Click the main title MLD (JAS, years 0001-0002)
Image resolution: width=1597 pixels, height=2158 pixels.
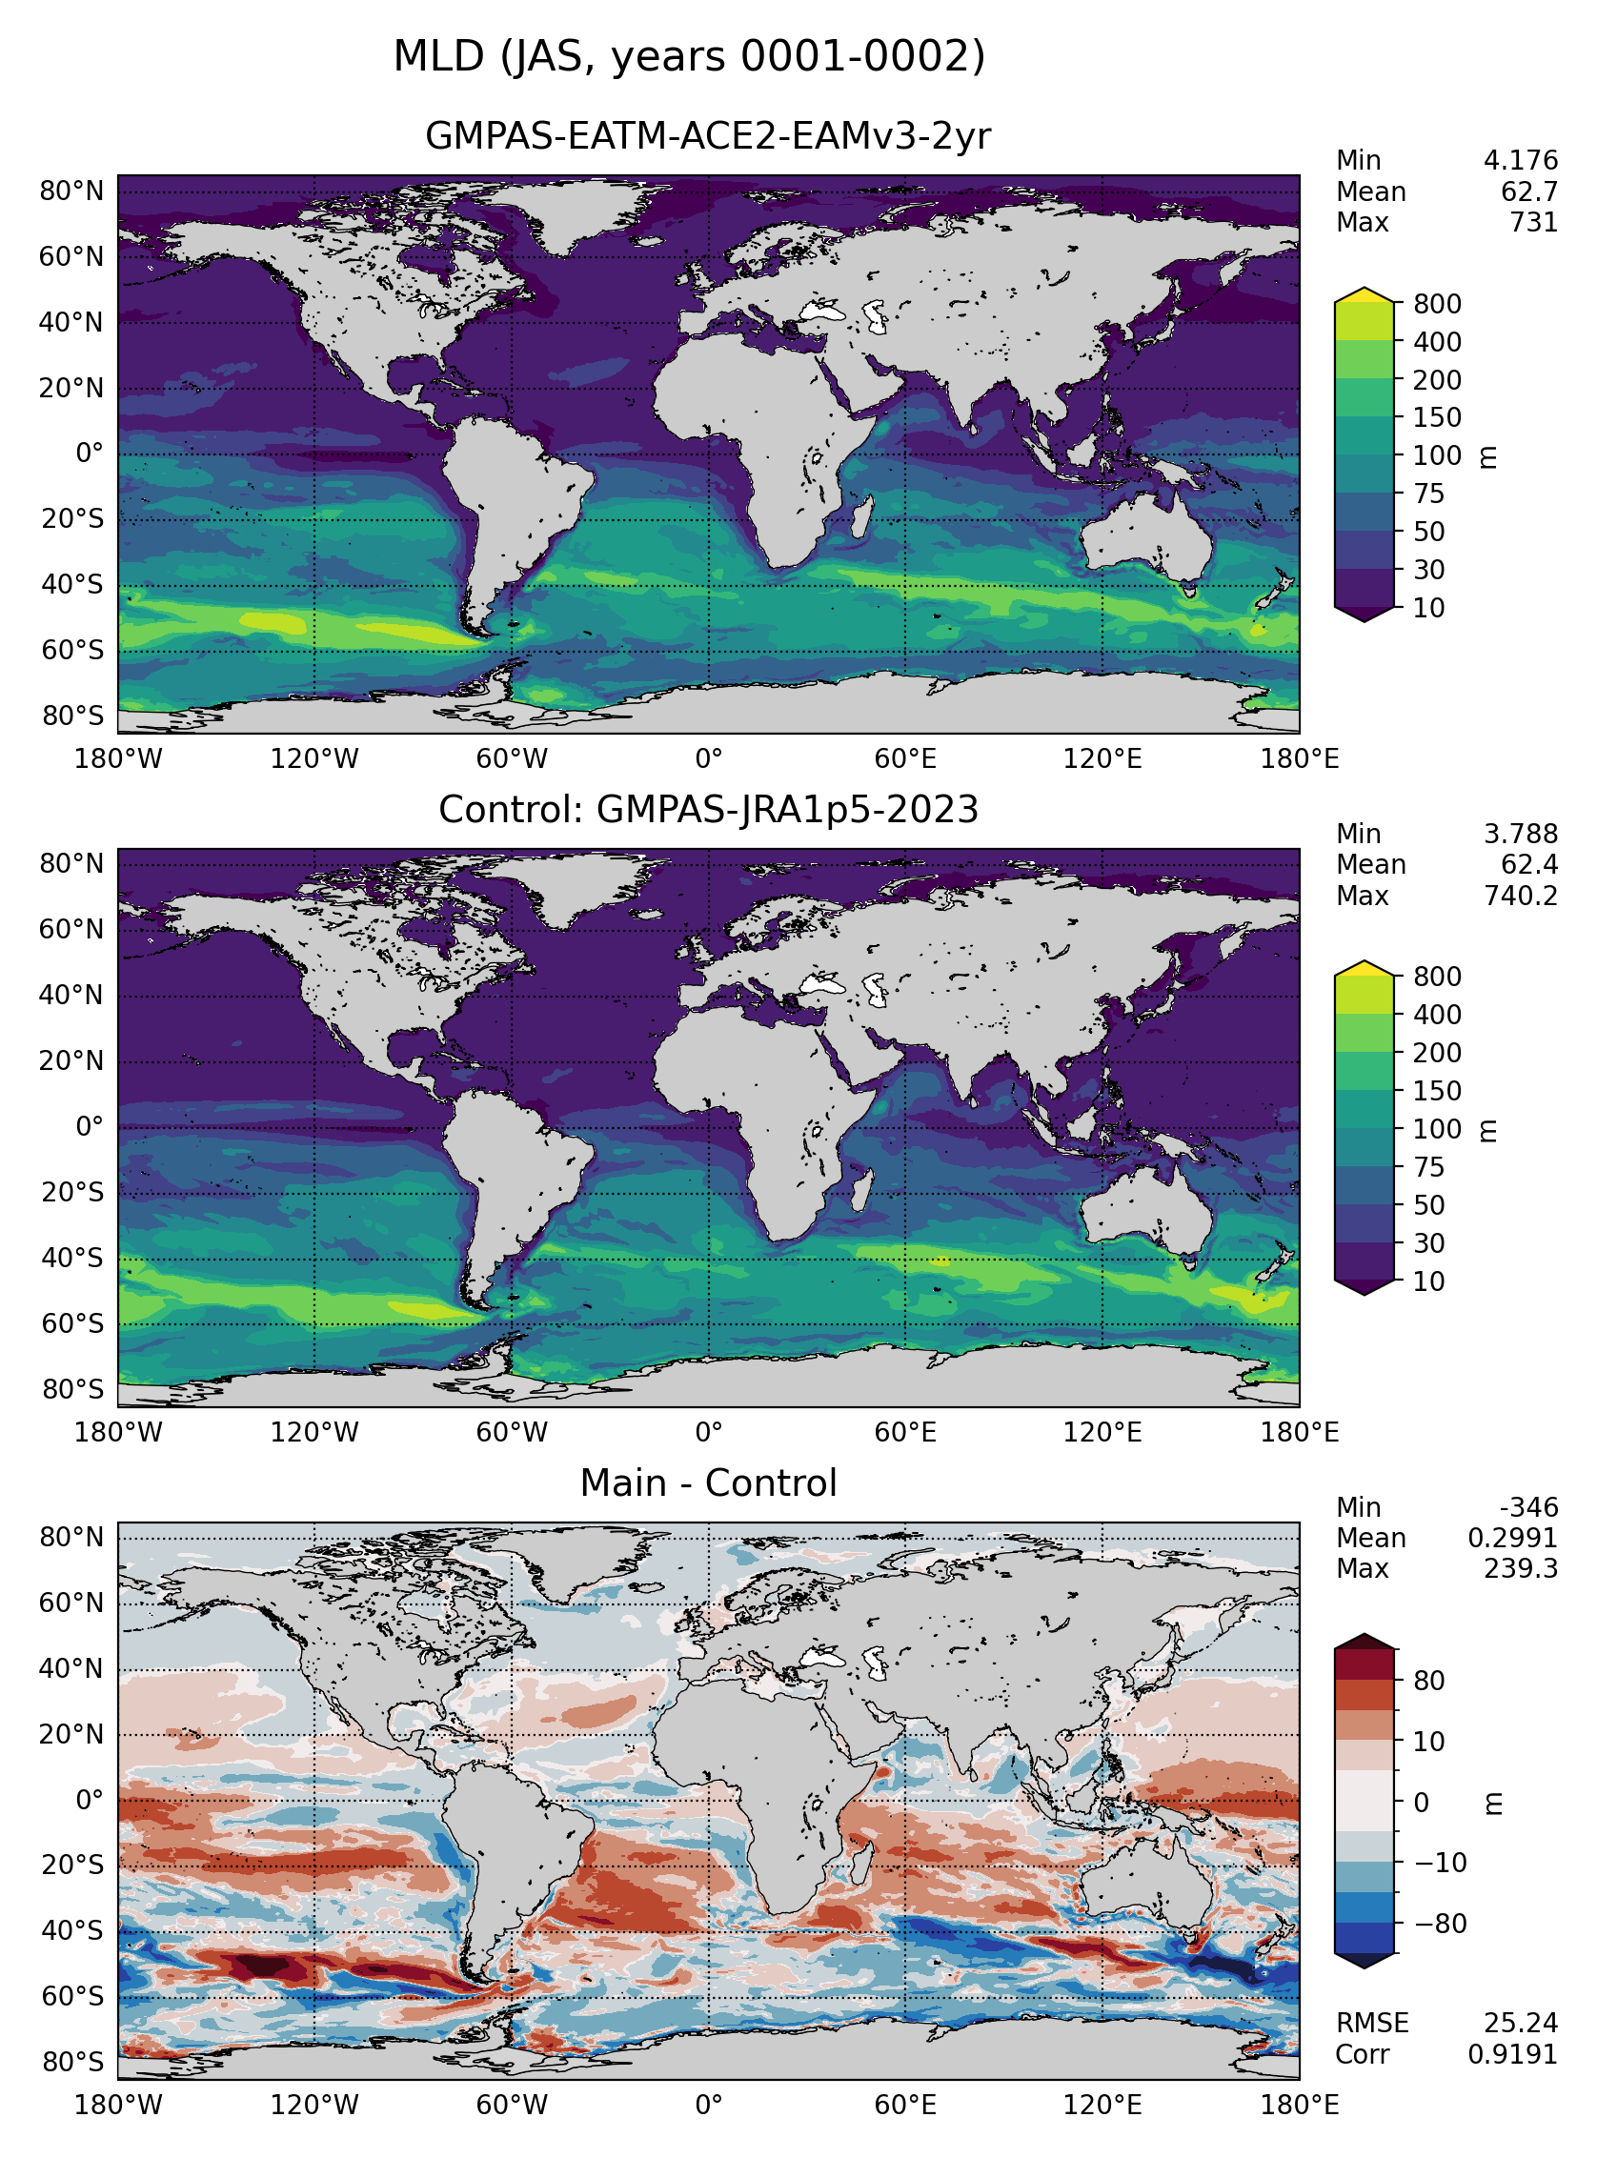689,56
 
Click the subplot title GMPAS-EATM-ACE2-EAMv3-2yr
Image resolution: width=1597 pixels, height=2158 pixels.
708,136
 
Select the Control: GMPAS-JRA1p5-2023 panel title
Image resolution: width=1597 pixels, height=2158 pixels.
708,810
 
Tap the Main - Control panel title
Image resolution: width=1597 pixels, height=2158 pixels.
708,1483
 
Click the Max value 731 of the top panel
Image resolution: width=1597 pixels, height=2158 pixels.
1533,222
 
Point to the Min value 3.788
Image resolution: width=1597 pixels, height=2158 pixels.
1521,834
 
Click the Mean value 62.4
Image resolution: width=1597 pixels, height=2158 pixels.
1529,865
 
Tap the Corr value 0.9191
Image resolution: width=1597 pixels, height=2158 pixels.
1513,2053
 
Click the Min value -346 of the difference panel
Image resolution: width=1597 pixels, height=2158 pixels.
1529,1507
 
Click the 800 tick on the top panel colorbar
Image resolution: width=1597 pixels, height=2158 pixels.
1437,303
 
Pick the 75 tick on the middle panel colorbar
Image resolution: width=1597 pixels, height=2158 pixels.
1428,1167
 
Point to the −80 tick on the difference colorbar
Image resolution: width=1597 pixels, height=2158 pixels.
1441,1924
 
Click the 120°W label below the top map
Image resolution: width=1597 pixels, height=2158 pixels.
314,758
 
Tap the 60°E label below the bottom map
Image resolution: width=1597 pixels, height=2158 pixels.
906,2105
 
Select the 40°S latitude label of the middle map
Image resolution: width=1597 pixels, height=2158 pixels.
71,1258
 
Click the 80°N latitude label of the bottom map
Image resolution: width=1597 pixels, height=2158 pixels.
71,1537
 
